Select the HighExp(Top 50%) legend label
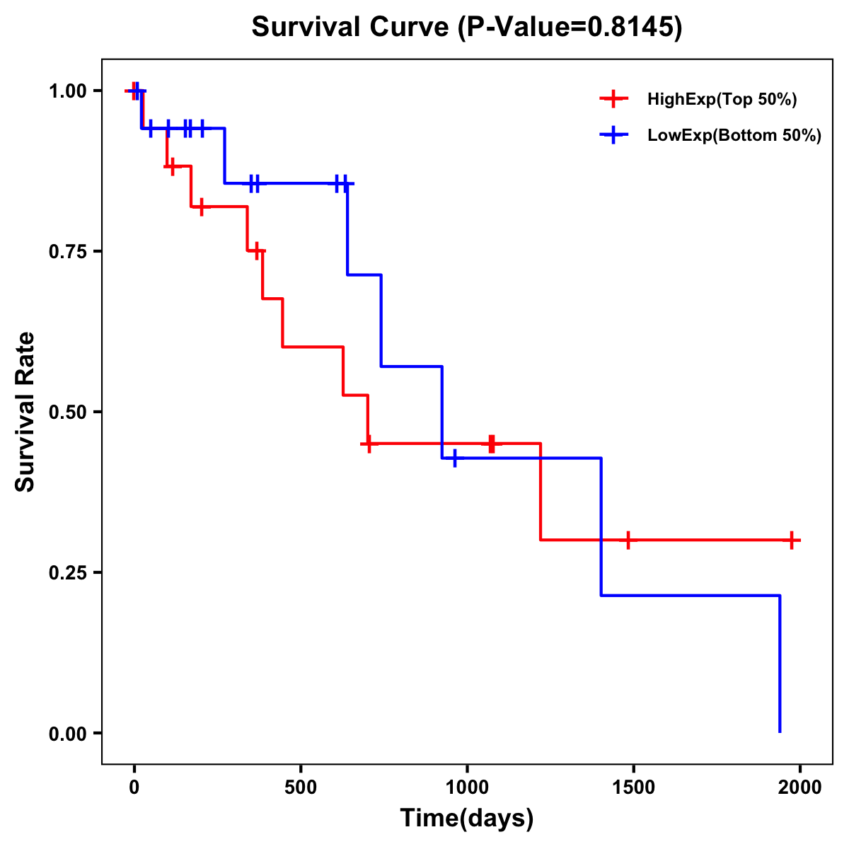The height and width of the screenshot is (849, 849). (x=722, y=100)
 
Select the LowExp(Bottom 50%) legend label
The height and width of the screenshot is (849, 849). (x=734, y=136)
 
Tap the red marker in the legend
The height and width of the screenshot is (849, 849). (x=614, y=100)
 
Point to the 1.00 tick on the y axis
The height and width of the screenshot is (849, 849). (x=67, y=91)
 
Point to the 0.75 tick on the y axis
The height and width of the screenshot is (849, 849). (x=67, y=251)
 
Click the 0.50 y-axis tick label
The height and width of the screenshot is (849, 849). (x=67, y=412)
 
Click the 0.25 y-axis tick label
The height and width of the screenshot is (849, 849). (x=67, y=572)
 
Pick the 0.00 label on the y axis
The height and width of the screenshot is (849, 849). (x=67, y=733)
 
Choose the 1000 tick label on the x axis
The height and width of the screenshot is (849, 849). (x=467, y=787)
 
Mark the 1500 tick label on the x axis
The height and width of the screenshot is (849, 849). (x=633, y=787)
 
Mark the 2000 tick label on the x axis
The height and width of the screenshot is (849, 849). (x=800, y=787)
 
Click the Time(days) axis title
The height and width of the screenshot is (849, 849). (x=467, y=819)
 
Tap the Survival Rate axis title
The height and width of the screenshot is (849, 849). (x=25, y=412)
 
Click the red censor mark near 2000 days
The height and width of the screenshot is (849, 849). (x=792, y=540)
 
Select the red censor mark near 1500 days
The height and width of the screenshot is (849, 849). (x=628, y=540)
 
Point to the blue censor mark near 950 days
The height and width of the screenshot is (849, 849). (x=454, y=458)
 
